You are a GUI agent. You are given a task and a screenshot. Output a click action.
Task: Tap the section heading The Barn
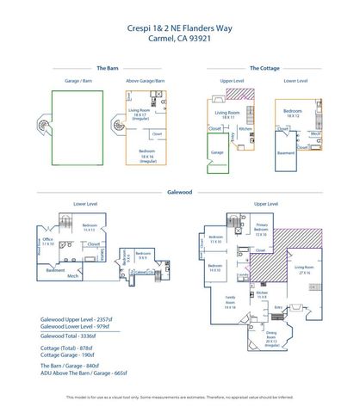[107, 67]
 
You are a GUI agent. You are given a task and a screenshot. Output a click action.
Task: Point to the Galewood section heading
[180, 194]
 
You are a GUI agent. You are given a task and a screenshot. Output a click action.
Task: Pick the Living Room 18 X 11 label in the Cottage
[227, 114]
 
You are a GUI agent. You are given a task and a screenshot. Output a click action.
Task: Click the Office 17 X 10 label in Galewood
[48, 242]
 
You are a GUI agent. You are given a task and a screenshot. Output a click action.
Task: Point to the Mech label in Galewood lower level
[72, 276]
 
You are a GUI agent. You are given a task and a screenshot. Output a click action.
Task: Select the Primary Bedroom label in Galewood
[261, 229]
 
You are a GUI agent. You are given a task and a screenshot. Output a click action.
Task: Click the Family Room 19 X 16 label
[230, 304]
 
